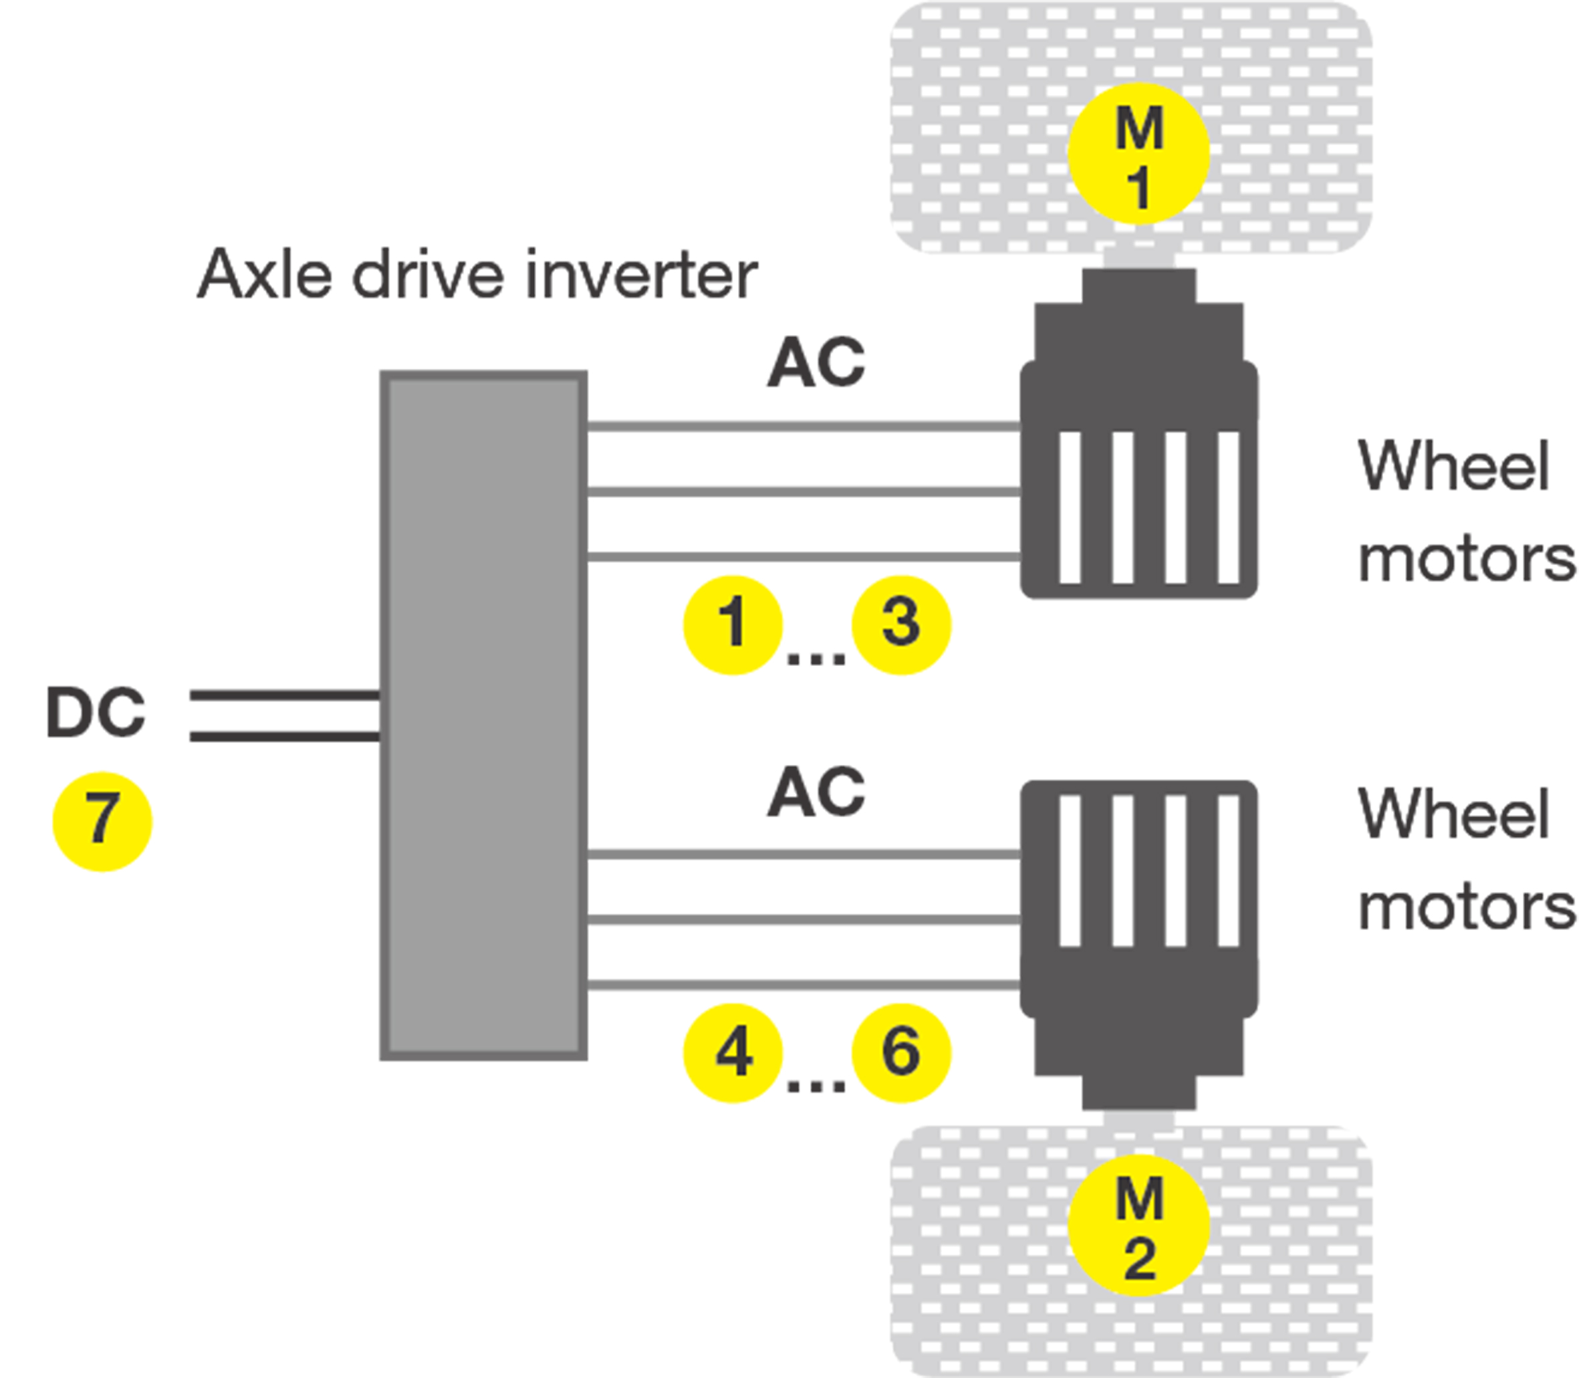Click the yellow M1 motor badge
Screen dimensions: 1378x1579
(x=1138, y=154)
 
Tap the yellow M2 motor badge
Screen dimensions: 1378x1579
(x=1138, y=1226)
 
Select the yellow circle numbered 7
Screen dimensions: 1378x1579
(x=102, y=821)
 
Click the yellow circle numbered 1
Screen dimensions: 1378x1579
(x=733, y=625)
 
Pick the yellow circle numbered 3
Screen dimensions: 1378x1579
(x=901, y=625)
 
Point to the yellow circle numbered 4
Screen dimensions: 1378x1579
(x=733, y=1053)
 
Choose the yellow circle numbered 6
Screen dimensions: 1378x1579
(x=901, y=1053)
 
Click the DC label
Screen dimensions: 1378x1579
(x=96, y=712)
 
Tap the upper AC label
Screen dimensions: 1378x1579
(x=816, y=362)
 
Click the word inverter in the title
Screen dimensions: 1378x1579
(x=642, y=275)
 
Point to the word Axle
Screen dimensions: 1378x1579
(x=265, y=275)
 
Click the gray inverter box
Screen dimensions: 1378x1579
(x=483, y=715)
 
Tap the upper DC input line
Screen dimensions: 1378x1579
(x=284, y=696)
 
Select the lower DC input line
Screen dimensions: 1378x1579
(x=284, y=737)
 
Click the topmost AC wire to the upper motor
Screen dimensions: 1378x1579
(x=804, y=426)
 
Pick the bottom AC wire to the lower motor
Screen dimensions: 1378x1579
(x=804, y=985)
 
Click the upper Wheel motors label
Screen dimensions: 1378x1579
(x=1465, y=511)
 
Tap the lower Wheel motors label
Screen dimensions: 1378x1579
(x=1465, y=860)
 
